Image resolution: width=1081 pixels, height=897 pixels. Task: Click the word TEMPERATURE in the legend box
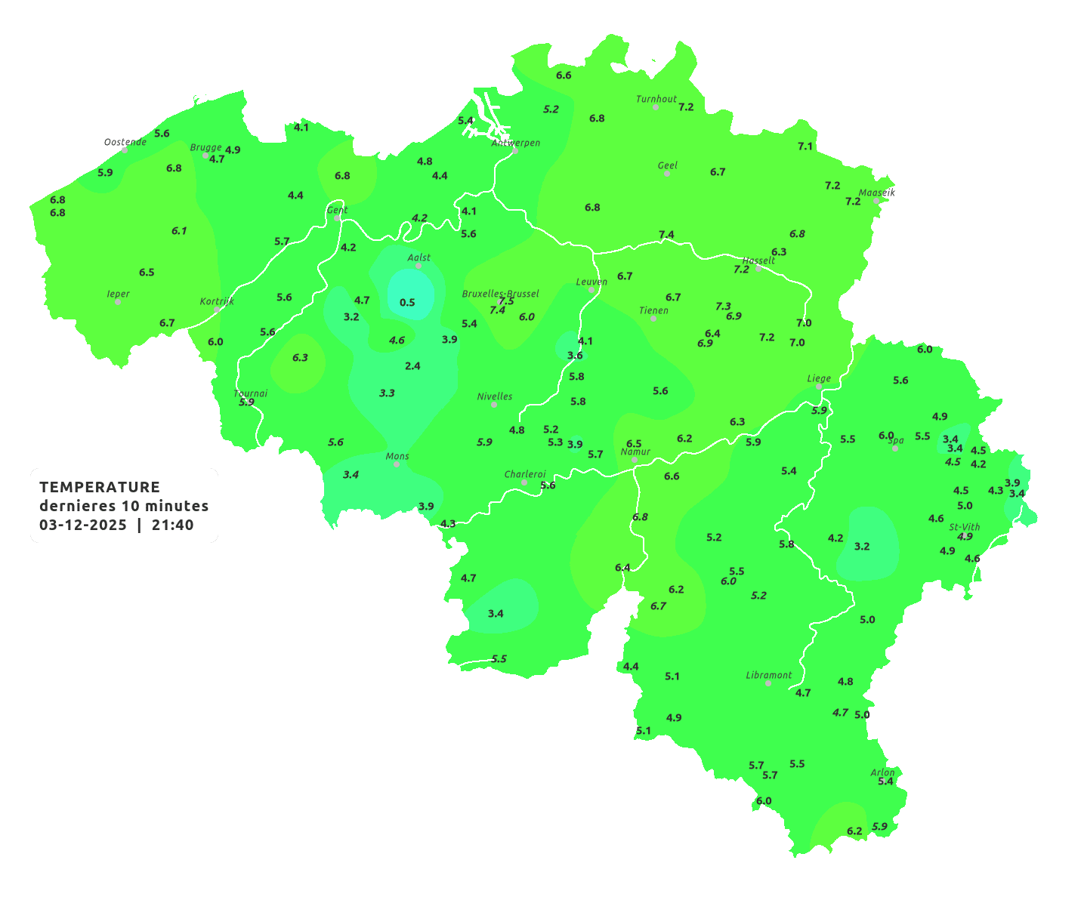100,487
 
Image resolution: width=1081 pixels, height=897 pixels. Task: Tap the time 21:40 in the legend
173,525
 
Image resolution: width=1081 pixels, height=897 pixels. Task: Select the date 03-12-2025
83,525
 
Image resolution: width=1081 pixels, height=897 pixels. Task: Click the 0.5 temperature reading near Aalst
407,302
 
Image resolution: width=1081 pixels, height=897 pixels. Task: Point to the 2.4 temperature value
412,365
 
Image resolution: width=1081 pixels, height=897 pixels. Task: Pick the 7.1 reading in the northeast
805,146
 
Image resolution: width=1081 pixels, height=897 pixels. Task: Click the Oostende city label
125,142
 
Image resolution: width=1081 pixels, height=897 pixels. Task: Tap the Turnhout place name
656,99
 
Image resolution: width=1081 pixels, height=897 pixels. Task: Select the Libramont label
769,675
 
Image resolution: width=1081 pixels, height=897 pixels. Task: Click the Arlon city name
882,772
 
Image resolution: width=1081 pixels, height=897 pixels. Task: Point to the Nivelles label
495,396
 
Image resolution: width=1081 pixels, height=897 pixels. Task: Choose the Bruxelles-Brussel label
501,293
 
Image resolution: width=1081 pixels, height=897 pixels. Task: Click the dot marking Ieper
118,302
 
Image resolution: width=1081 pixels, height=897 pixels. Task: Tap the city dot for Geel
667,174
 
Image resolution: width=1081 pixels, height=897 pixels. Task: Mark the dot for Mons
397,464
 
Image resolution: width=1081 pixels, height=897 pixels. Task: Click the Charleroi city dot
524,482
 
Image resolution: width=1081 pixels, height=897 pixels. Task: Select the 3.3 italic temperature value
387,393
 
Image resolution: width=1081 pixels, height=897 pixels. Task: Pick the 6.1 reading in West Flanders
179,230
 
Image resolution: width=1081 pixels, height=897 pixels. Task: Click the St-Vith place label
965,527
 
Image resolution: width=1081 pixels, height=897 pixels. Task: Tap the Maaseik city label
876,193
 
